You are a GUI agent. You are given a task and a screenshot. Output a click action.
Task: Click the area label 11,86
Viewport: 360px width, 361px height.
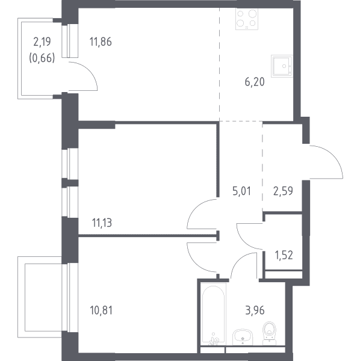pos(101,42)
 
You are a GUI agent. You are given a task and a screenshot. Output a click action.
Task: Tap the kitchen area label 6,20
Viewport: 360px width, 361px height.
pos(255,82)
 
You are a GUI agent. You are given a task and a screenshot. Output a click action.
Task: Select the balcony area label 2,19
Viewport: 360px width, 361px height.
pos(42,42)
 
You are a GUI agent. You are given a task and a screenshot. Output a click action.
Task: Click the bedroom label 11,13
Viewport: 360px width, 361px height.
pos(102,223)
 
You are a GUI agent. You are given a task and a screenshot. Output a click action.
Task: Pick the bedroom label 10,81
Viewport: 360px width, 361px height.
pos(101,310)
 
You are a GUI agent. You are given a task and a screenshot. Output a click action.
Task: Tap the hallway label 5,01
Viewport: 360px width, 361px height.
pos(241,191)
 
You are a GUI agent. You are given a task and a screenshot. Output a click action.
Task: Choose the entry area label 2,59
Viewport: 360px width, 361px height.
pos(283,191)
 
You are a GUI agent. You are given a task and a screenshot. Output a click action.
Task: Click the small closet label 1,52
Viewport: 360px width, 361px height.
pos(284,255)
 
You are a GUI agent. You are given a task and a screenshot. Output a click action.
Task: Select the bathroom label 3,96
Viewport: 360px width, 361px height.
pos(255,310)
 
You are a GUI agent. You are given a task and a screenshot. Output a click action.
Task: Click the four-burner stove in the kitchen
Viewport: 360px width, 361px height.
pos(247,19)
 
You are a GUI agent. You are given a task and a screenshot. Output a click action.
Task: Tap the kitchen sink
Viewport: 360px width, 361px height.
pos(282,66)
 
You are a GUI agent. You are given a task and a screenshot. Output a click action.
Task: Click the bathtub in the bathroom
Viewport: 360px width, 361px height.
pos(213,315)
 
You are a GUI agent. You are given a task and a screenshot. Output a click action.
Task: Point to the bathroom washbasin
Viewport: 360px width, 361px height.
pos(243,337)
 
